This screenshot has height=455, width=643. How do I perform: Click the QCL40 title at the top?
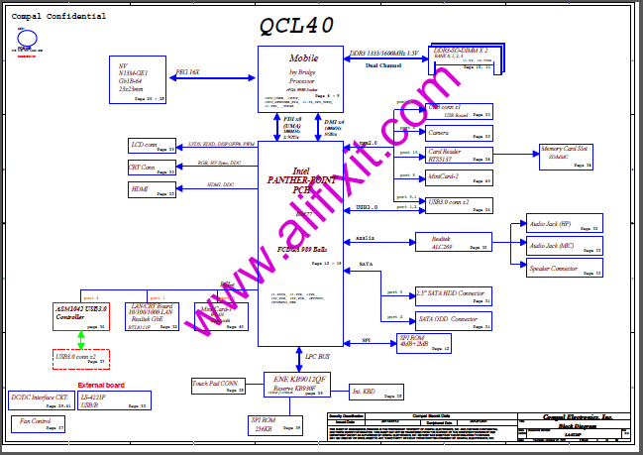click(295, 24)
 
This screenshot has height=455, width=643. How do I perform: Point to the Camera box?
click(458, 132)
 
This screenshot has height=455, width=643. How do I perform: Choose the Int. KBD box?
click(370, 391)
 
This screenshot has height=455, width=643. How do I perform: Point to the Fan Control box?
click(39, 423)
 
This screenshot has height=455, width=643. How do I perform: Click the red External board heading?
click(101, 385)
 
